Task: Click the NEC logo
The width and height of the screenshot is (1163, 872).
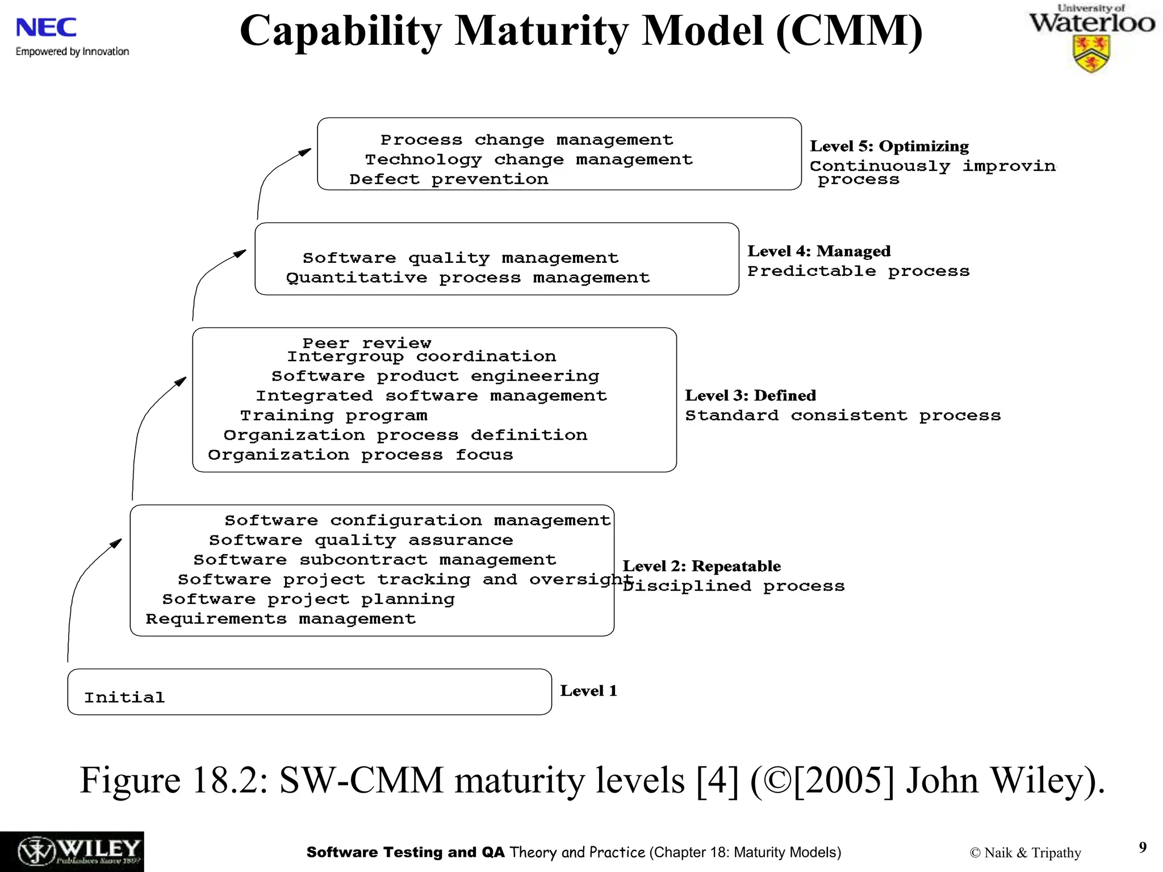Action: pos(46,28)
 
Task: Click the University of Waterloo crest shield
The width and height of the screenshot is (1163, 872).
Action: pos(1091,53)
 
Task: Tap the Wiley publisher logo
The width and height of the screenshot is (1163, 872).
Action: pos(72,851)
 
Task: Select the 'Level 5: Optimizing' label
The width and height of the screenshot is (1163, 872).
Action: pos(889,146)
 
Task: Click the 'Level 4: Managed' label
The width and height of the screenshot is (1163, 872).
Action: pos(818,251)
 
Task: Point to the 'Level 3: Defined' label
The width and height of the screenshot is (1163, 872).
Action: pos(750,396)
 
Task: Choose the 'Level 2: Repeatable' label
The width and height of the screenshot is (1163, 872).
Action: pos(701,566)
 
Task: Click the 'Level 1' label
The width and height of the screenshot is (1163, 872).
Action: pos(588,691)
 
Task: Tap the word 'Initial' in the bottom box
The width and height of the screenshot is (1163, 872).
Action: pos(124,697)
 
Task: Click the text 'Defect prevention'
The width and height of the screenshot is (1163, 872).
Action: pos(449,179)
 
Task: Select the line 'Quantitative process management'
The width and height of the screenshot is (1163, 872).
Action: pos(467,278)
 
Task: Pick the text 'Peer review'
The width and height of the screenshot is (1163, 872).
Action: pos(367,343)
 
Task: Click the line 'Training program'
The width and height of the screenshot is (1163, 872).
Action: pos(333,416)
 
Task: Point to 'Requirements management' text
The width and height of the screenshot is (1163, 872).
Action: pos(281,619)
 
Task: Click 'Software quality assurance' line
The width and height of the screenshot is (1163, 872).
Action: pos(361,540)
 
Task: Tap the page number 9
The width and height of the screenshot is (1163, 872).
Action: pos(1143,848)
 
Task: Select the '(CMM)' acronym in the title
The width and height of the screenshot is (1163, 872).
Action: pos(848,31)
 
